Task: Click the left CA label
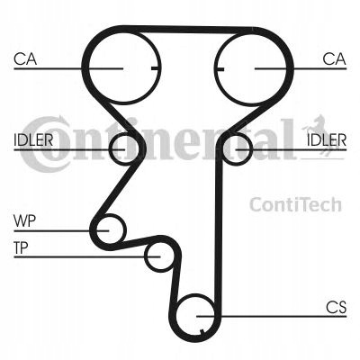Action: (25, 59)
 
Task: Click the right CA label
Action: (334, 59)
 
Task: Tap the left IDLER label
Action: (33, 139)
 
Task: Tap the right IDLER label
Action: (327, 139)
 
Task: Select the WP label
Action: (24, 221)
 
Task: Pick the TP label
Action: (21, 247)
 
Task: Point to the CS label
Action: (337, 308)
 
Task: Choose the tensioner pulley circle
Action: (145, 256)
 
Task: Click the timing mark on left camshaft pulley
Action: (155, 68)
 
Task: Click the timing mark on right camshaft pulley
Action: (220, 69)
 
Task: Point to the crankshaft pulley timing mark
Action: (202, 331)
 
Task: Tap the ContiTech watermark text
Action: (295, 204)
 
